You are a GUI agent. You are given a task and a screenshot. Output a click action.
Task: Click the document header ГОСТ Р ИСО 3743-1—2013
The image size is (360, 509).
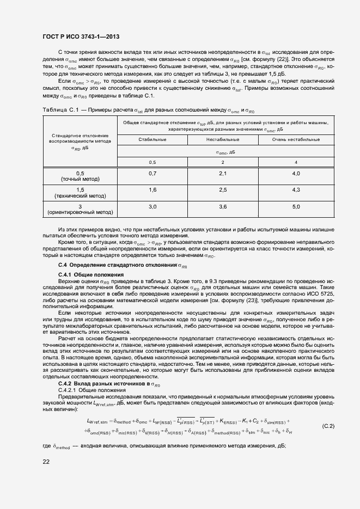pyautogui.click(x=81, y=36)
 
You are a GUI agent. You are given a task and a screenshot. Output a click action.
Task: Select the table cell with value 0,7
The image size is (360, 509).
pyautogui.click(x=152, y=173)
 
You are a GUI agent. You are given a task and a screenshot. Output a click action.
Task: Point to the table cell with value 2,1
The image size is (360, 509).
pyautogui.click(x=222, y=173)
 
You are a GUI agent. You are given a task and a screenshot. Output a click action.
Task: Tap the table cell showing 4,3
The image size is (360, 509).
pyautogui.click(x=296, y=189)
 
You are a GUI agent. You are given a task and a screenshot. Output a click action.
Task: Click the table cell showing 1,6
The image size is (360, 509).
pyautogui.click(x=152, y=189)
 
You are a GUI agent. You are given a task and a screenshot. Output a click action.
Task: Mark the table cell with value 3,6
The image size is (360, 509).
pyautogui.click(x=222, y=207)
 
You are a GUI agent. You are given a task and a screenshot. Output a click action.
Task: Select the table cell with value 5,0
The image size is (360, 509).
pyautogui.click(x=296, y=207)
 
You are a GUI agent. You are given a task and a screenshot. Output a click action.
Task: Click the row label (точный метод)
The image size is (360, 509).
pyautogui.click(x=80, y=179)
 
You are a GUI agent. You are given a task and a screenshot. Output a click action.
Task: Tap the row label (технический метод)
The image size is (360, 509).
pyautogui.click(x=80, y=195)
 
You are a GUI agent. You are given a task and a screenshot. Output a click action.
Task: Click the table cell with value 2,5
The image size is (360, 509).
pyautogui.click(x=222, y=189)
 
